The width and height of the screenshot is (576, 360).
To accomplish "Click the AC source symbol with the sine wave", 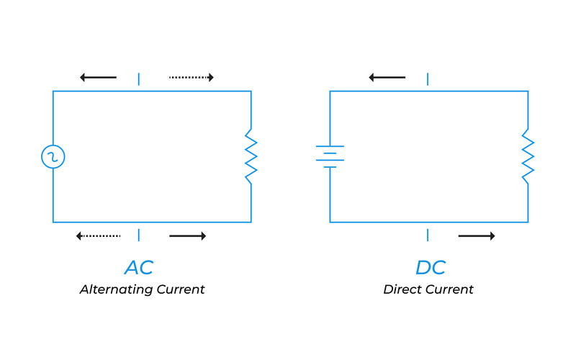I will [x=53, y=156].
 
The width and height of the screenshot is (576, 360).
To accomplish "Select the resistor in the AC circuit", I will [x=251, y=156].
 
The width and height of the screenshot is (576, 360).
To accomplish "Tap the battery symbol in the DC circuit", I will [x=330, y=156].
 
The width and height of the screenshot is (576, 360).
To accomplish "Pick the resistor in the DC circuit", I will [x=528, y=156].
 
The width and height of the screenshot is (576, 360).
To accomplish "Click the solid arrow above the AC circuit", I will [x=98, y=77].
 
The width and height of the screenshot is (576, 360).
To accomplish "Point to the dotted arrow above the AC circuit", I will [x=192, y=77].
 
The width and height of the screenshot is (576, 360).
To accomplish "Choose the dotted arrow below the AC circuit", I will [x=98, y=235].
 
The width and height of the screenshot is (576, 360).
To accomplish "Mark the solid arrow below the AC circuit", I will [x=188, y=235].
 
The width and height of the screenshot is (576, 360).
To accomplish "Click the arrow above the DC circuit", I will [x=387, y=77].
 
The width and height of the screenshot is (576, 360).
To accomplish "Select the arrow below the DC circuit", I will [x=477, y=235].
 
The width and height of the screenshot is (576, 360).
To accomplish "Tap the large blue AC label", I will [x=139, y=267].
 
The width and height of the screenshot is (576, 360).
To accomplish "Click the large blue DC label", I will [x=431, y=267].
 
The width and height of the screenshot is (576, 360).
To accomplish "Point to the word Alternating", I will [x=115, y=289].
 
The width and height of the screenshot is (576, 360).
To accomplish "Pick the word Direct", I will [x=400, y=289].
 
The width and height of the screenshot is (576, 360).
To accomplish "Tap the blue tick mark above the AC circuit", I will [x=139, y=78].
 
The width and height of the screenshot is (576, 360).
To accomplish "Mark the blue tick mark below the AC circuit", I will [x=139, y=235].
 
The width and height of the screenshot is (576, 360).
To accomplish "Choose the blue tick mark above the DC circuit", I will [x=428, y=78].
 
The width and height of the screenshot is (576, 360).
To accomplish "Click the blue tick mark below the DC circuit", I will [x=428, y=235].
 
